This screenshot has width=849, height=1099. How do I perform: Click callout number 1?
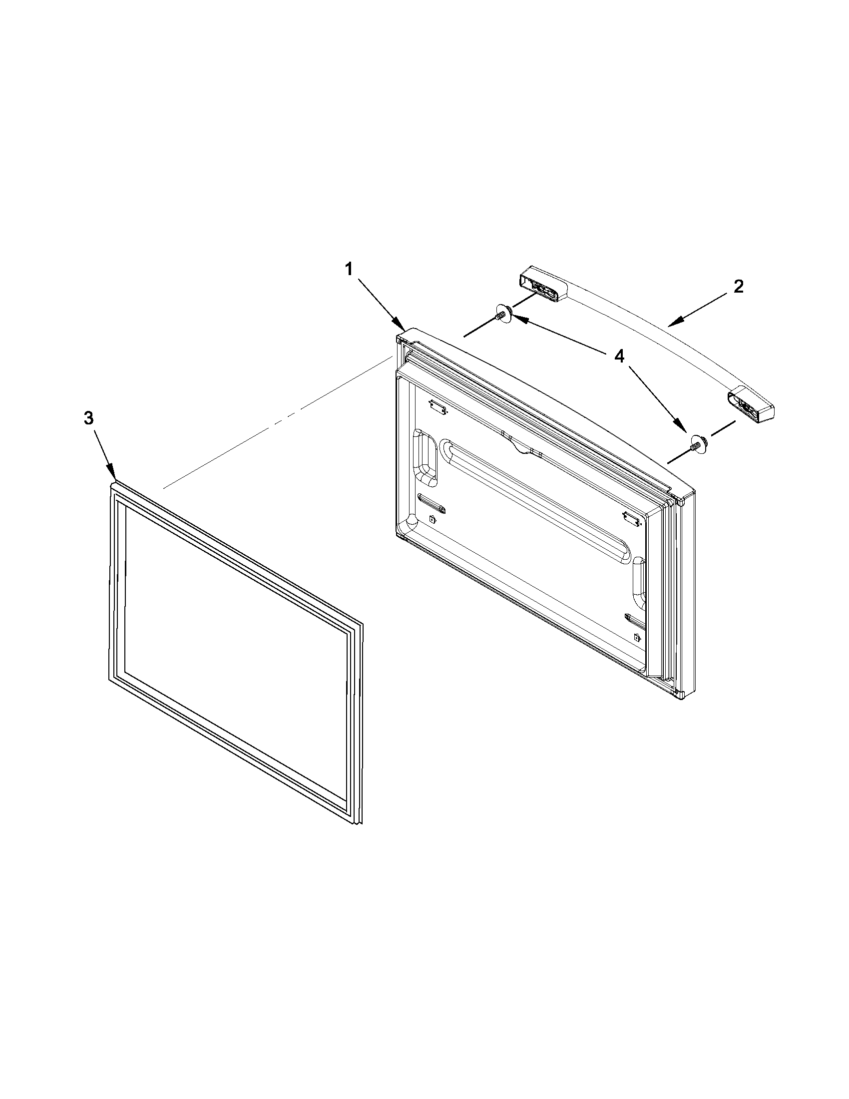coord(349,270)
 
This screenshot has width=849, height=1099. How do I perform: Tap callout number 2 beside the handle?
coord(738,287)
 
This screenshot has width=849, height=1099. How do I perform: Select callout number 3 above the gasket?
coord(88,418)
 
